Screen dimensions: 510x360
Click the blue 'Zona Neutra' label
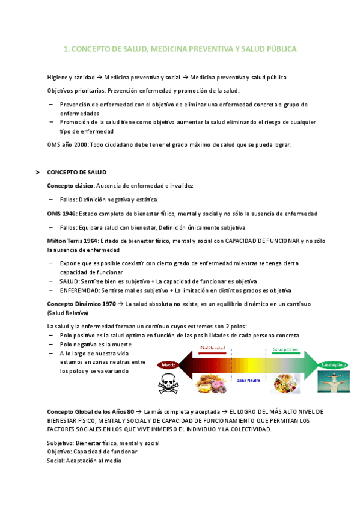248,381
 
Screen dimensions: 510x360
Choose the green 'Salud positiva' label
285,349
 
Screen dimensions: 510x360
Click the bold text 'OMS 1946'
61,214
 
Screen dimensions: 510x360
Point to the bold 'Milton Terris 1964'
72,241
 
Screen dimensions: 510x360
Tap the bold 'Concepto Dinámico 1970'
81,304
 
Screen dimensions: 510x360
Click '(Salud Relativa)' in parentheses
67,313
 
